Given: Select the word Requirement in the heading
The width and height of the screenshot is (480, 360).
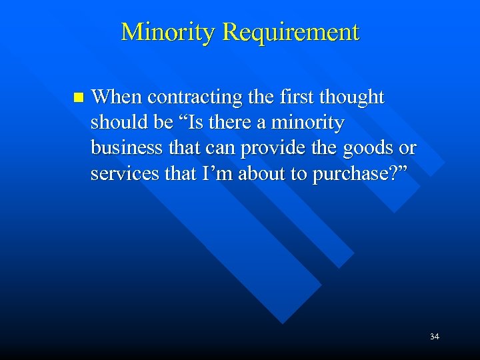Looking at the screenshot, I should coord(291,32).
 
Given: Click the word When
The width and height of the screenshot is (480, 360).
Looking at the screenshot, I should coord(117,97).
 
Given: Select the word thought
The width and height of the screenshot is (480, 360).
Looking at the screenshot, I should coord(352,98).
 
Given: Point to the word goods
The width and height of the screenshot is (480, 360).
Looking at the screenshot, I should coord(361,149).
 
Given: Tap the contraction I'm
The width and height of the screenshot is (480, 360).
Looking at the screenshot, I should coord(205,173).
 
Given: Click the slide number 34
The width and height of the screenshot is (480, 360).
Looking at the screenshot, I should coord(434,337).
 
